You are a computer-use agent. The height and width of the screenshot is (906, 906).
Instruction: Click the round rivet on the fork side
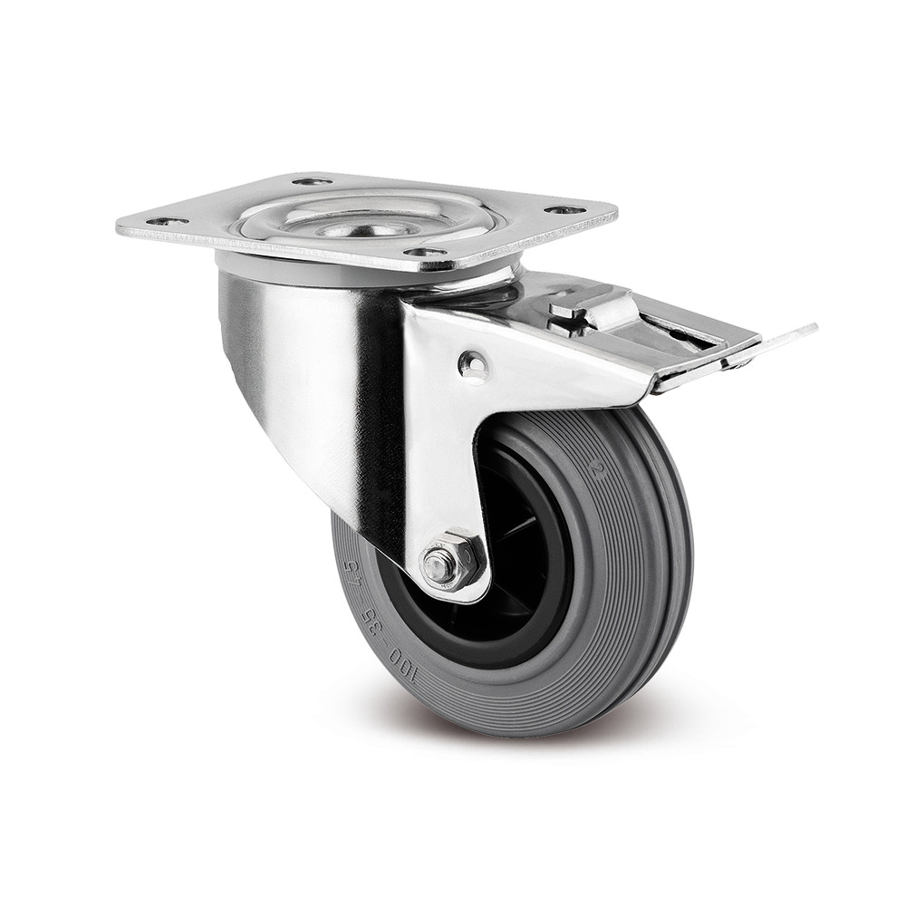click(x=472, y=365)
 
